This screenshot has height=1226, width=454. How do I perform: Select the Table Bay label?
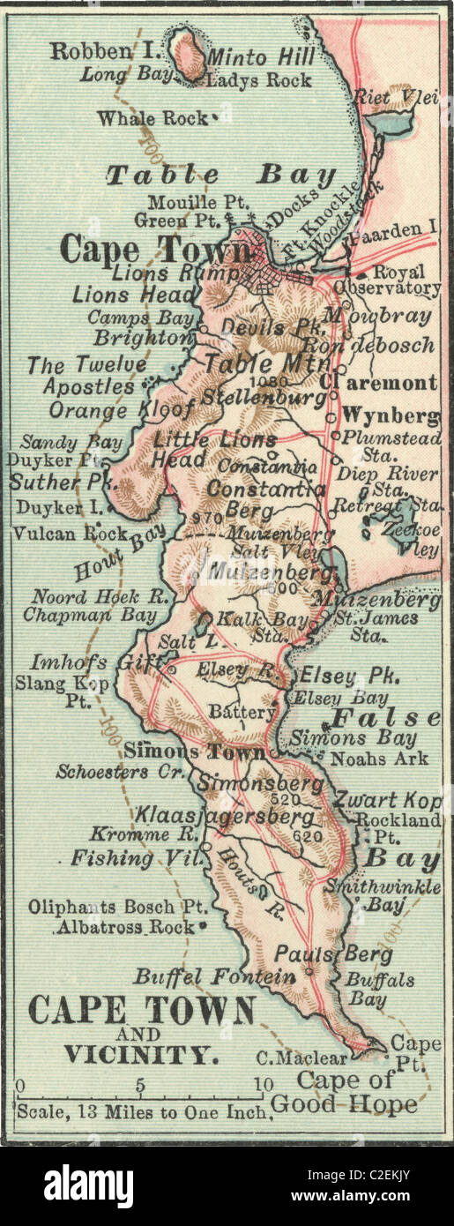click(220, 175)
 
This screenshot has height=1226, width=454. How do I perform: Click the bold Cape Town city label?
click(145, 250)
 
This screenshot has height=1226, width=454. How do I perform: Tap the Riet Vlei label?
click(395, 98)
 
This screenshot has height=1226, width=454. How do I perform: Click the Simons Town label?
click(193, 751)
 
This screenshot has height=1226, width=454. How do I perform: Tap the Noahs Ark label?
click(384, 758)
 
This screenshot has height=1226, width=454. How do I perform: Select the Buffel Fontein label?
click(214, 976)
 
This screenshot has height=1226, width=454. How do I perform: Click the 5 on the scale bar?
click(139, 1083)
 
